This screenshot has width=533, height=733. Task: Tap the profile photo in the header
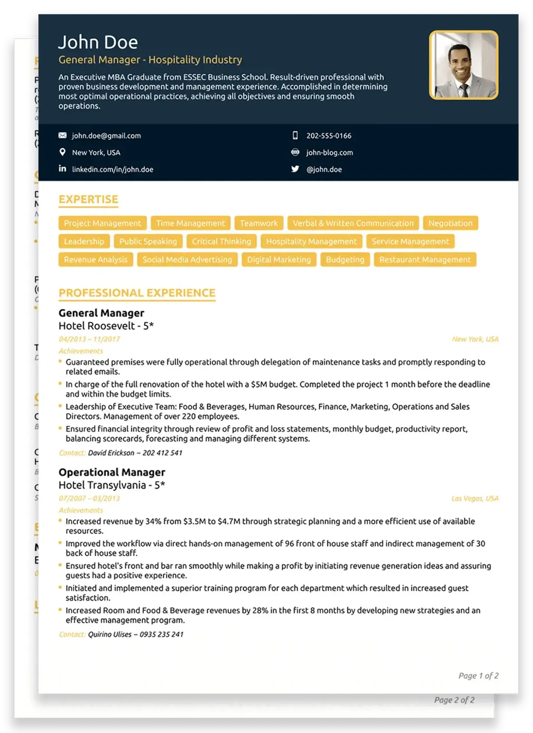[x=463, y=65]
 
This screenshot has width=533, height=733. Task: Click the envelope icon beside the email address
[x=62, y=135]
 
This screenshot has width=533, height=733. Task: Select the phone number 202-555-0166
[x=329, y=136]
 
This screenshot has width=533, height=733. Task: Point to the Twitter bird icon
[x=295, y=169]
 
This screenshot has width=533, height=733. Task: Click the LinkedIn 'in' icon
[x=62, y=169]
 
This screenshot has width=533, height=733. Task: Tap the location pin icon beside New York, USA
[x=62, y=152]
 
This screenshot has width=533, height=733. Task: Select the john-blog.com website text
[x=329, y=153]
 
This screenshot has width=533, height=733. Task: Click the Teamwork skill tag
[x=259, y=223]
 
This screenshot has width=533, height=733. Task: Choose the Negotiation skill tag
[x=450, y=223]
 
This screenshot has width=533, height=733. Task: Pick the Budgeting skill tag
[x=345, y=260]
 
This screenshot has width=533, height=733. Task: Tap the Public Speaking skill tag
[x=148, y=241]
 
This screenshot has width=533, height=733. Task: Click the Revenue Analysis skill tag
[x=95, y=260]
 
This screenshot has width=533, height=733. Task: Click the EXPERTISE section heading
[x=89, y=200]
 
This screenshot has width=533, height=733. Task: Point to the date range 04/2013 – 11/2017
[x=89, y=339]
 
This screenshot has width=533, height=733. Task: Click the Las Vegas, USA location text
[x=475, y=498]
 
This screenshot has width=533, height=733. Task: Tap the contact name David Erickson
[x=111, y=453]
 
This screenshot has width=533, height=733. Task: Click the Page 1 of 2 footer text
[x=478, y=676]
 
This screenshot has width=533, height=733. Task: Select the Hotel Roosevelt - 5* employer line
[x=106, y=326]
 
